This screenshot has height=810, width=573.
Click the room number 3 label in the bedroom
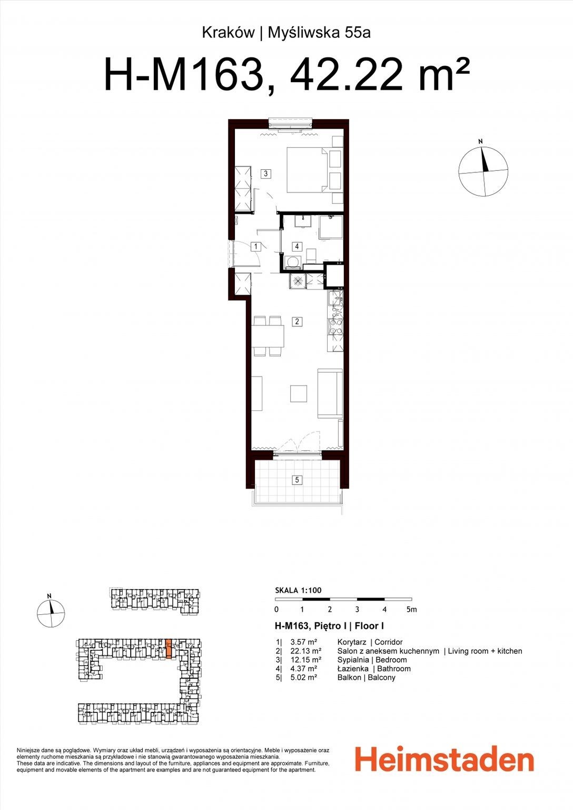click(266, 173)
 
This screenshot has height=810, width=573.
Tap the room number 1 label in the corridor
click(255, 247)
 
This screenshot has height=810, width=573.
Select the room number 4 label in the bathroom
click(297, 247)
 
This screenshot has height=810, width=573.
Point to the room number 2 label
click(297, 321)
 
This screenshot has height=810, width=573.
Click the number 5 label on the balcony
click(297, 480)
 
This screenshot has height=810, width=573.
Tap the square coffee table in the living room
click(299, 393)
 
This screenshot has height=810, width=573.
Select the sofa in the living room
click(330, 393)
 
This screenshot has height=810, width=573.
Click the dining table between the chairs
click(268, 335)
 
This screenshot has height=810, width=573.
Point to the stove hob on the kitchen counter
click(335, 327)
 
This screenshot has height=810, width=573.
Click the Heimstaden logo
click(444, 758)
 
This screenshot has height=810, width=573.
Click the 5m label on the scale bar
click(411, 610)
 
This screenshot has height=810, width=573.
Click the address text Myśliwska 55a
click(320, 33)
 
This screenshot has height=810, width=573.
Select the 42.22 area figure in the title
click(346, 76)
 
